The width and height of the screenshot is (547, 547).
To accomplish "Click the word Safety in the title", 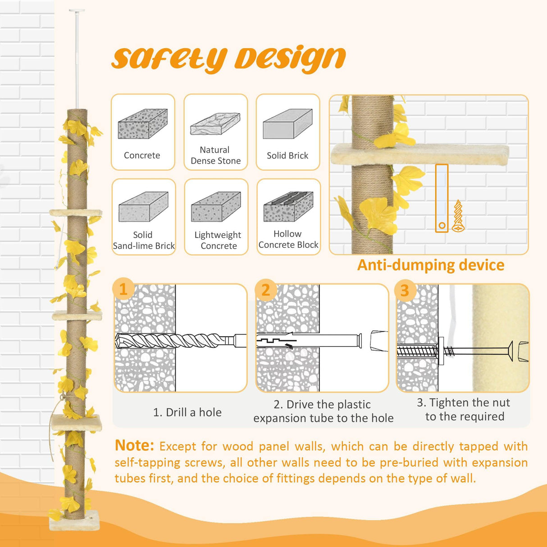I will tap(169, 59).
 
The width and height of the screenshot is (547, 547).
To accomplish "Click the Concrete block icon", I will tap(142, 124).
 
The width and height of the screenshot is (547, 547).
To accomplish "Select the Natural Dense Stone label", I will tap(215, 155).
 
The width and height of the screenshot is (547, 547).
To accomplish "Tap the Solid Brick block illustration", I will tap(287, 123).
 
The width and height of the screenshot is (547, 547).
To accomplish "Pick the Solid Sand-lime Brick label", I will tap(143, 241).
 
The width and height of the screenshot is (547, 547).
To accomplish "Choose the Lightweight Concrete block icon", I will tap(216, 207).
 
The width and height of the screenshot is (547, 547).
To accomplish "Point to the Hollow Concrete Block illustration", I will tap(288, 206).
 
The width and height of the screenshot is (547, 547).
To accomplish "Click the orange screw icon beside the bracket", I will tap(458, 216).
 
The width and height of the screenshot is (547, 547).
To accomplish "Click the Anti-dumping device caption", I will tap(431, 265).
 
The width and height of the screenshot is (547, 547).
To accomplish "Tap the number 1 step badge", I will tap(123, 289).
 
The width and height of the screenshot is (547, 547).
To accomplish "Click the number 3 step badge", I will tap(405, 290).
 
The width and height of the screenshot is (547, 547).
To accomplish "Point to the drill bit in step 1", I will tap(176, 341).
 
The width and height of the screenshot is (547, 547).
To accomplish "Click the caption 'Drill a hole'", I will tap(187, 412).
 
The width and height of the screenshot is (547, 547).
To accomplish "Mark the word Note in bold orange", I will tap(134, 446).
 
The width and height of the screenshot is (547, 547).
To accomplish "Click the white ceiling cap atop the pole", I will tap(77, 10).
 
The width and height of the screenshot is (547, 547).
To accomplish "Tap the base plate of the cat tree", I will tap(74, 524).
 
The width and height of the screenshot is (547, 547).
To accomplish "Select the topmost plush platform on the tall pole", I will tap(76, 213).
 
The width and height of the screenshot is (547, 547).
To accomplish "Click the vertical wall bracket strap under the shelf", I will tap(442, 198).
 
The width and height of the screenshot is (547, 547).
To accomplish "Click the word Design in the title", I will tap(290, 59).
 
